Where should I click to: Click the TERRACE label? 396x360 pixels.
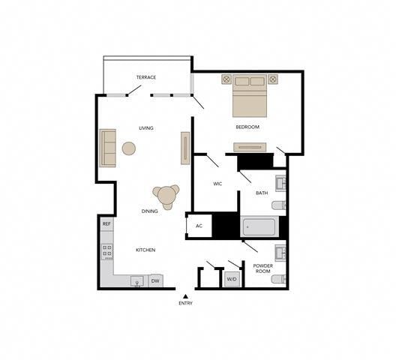[x=146, y=77]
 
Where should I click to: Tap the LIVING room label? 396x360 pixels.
[x=146, y=128]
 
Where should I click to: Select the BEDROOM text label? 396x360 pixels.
[x=247, y=127]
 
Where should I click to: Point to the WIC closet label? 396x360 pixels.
[x=217, y=184]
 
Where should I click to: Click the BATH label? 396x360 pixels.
[x=262, y=193]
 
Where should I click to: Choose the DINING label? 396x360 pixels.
[x=150, y=211]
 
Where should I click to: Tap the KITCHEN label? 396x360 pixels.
[x=145, y=250]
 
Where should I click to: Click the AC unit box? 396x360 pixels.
[x=199, y=226]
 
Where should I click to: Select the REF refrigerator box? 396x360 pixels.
[x=106, y=223]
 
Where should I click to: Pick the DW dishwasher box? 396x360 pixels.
[x=156, y=281]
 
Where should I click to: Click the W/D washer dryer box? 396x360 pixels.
[x=232, y=280]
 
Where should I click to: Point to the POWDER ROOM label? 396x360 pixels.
[x=262, y=269]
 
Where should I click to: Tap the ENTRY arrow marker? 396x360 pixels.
[x=185, y=295]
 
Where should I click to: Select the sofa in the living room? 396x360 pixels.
[x=108, y=148]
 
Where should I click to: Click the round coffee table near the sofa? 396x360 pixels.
[x=129, y=148]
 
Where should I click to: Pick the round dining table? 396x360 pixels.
[x=166, y=196]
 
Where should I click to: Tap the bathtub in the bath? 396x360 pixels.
[x=260, y=226]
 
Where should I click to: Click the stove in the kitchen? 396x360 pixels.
[x=107, y=250]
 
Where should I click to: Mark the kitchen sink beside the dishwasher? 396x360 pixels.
[x=137, y=281]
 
